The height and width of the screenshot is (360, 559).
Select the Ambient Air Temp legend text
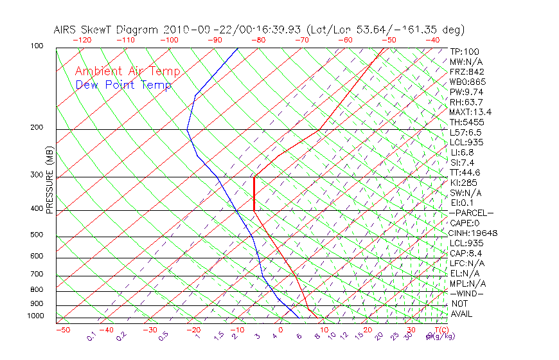click(x=127, y=71)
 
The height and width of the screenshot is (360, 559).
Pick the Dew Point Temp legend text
click(x=123, y=85)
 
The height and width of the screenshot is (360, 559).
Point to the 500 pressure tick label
click(x=36, y=235)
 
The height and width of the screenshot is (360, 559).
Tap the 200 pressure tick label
click(x=36, y=128)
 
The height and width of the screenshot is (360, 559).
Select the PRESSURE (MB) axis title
click(x=49, y=181)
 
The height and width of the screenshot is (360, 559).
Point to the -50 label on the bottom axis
click(x=62, y=330)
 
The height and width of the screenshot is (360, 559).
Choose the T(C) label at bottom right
click(x=440, y=330)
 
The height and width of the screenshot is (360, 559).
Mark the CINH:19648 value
click(x=474, y=233)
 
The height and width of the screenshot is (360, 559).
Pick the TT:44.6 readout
click(x=465, y=172)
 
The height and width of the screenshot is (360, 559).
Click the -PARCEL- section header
click(x=471, y=213)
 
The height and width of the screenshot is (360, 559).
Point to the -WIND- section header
click(x=467, y=293)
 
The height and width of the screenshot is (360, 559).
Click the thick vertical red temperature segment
click(x=254, y=193)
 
